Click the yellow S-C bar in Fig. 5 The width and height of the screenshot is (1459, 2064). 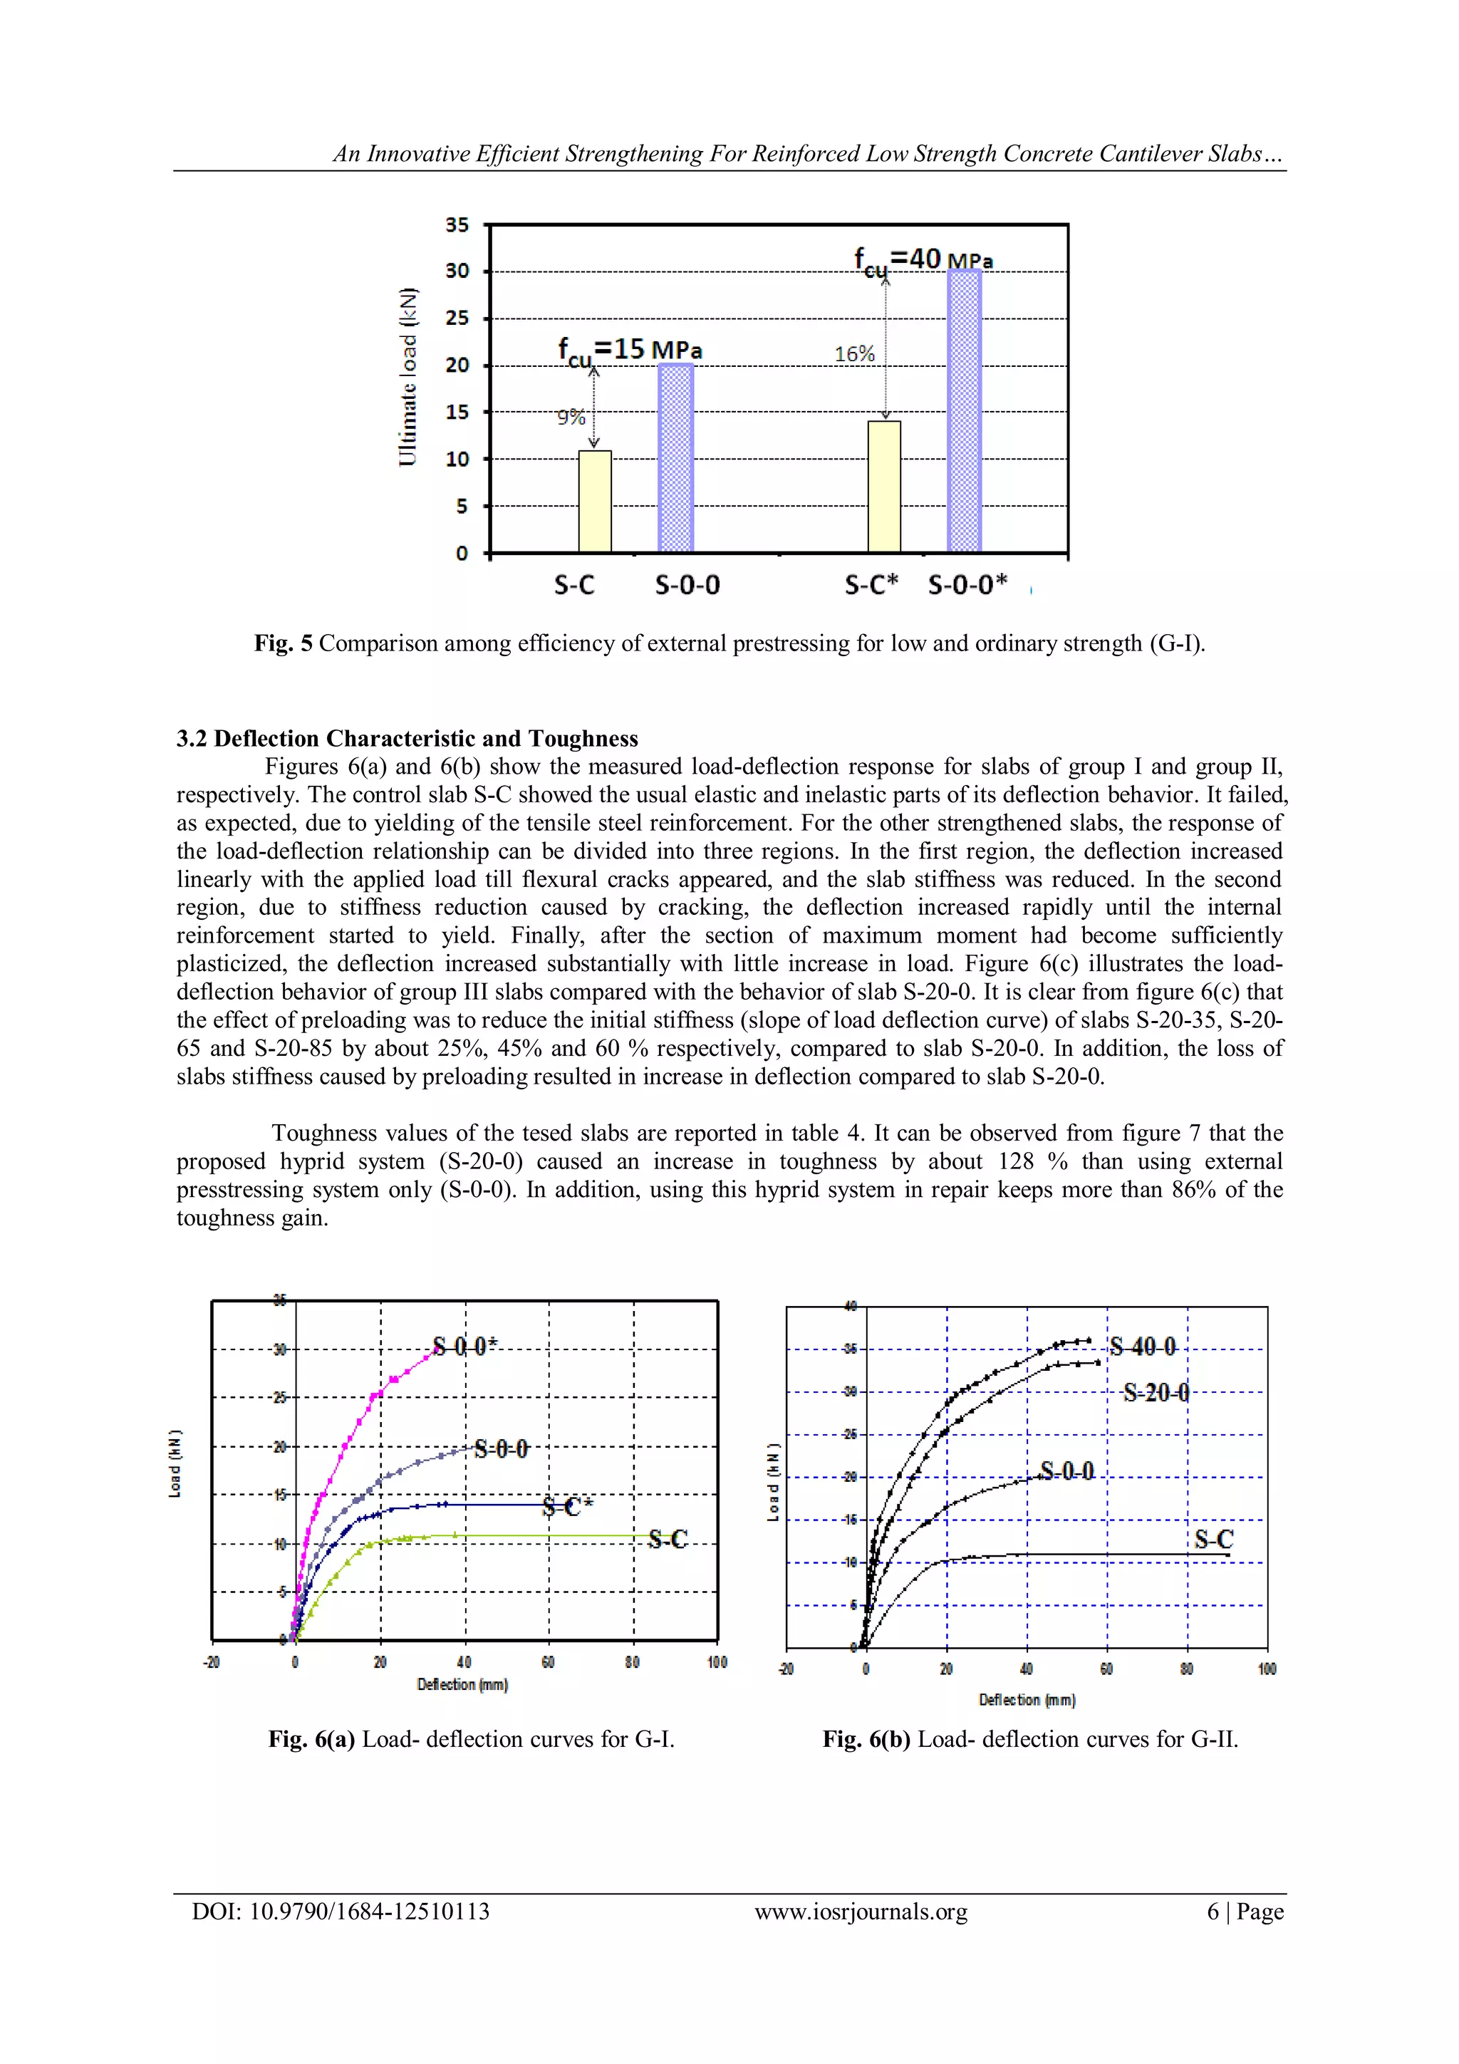(x=594, y=502)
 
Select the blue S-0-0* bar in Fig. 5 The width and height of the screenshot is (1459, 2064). (x=964, y=411)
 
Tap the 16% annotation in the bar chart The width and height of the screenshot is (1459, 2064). (x=854, y=354)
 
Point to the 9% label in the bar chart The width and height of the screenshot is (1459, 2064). (x=571, y=417)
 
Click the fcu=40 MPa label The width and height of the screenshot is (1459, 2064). (x=923, y=261)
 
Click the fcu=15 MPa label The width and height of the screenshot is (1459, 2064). (x=629, y=350)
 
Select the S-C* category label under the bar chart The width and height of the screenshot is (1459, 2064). (x=870, y=585)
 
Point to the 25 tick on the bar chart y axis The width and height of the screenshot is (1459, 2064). (x=457, y=318)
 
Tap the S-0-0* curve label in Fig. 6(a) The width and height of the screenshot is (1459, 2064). (x=464, y=1346)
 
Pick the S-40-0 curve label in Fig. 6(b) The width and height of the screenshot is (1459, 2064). (x=1142, y=1347)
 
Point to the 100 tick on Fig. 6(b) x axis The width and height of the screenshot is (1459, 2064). (x=1266, y=1669)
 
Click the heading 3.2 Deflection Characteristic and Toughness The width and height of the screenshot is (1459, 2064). (x=407, y=739)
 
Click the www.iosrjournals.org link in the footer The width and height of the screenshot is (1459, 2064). (x=861, y=1912)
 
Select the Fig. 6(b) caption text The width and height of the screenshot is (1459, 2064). (x=1030, y=1740)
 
